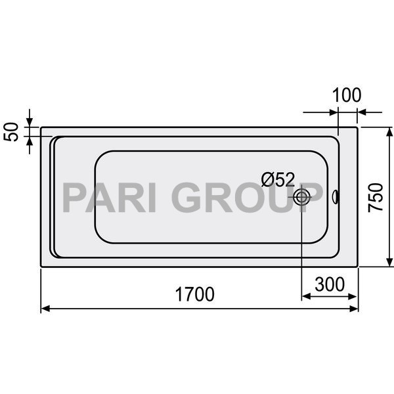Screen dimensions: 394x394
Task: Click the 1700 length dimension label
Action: pos(195,295)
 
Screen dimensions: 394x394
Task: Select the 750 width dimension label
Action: pos(376,196)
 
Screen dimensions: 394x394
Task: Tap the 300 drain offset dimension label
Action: pos(330,284)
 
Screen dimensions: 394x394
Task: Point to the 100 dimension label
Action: pos(346,95)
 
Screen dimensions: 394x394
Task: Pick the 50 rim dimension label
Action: pos(11,131)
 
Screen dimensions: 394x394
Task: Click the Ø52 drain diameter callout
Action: pos(278,179)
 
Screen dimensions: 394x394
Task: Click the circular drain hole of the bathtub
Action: pos(302,196)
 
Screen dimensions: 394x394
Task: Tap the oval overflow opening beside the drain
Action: pos(336,196)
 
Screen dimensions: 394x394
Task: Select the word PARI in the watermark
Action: pos(110,198)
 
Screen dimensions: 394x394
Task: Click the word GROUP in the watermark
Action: pos(250,198)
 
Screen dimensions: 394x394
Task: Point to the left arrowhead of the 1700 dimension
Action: pos(45,308)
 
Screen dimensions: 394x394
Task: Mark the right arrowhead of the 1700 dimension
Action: pos(355,308)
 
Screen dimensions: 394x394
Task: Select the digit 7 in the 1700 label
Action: pos(186,295)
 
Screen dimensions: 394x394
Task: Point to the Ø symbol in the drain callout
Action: pos(267,179)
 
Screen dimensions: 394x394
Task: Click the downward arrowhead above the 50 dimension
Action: pos(30,123)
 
